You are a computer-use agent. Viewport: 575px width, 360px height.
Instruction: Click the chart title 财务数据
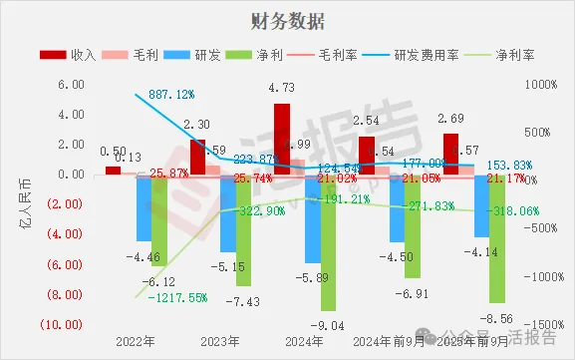pyautogui.click(x=287, y=21)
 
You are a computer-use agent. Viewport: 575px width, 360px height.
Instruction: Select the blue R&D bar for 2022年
pyautogui.click(x=144, y=208)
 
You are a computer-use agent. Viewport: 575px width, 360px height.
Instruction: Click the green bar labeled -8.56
pyautogui.click(x=495, y=238)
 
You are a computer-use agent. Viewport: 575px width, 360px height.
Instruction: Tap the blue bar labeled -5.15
pyautogui.click(x=228, y=213)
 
